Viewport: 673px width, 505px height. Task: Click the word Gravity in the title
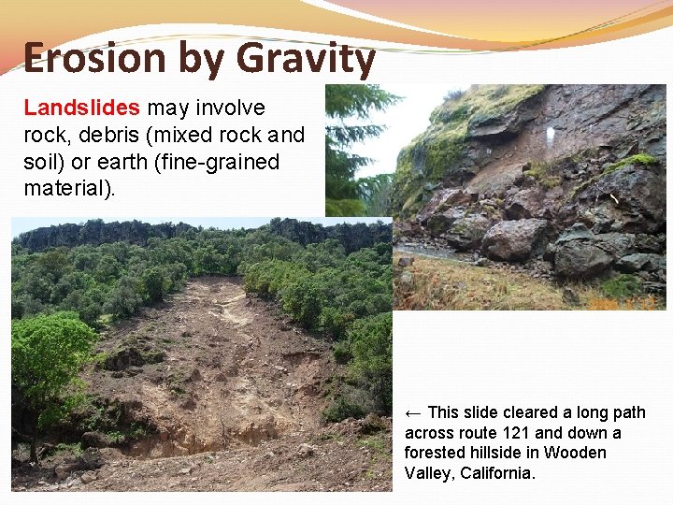click(306, 59)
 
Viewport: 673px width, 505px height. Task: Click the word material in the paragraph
click(65, 188)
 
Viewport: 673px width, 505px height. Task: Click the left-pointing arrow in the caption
click(413, 412)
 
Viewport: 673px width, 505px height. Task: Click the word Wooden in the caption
click(577, 453)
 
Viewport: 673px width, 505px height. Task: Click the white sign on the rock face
click(550, 136)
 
